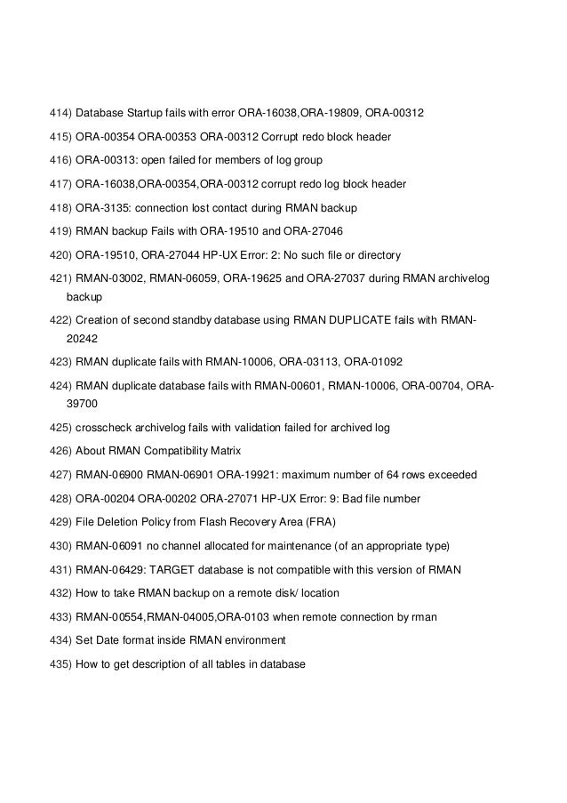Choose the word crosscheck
104,428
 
